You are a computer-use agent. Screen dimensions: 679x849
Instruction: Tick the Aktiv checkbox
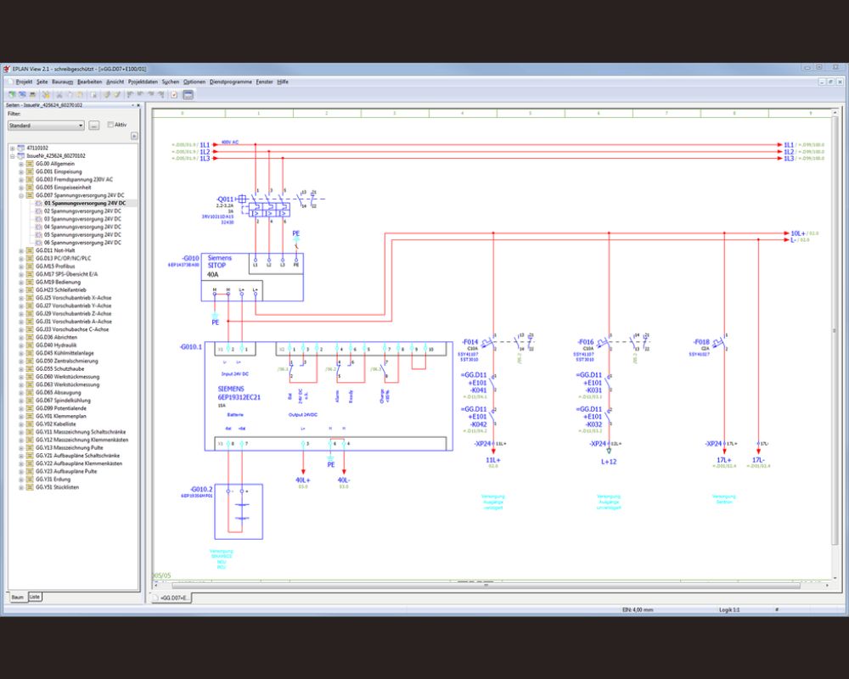tap(110, 124)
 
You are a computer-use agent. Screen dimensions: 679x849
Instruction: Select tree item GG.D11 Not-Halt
tap(54, 251)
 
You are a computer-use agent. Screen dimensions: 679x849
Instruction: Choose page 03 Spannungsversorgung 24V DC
tap(82, 219)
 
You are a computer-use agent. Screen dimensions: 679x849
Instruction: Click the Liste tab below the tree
tap(35, 597)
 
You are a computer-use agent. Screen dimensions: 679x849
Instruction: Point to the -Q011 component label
tap(226, 199)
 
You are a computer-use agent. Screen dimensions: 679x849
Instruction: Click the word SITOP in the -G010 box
tap(219, 266)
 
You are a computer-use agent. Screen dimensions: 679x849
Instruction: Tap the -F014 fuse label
tap(469, 340)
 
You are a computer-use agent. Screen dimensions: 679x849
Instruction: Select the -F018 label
tap(700, 340)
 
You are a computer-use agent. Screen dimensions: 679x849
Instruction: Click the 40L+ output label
tap(303, 480)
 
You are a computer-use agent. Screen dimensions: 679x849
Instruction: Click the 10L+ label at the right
tap(798, 233)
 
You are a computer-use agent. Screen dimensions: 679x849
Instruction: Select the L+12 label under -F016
tap(609, 461)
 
